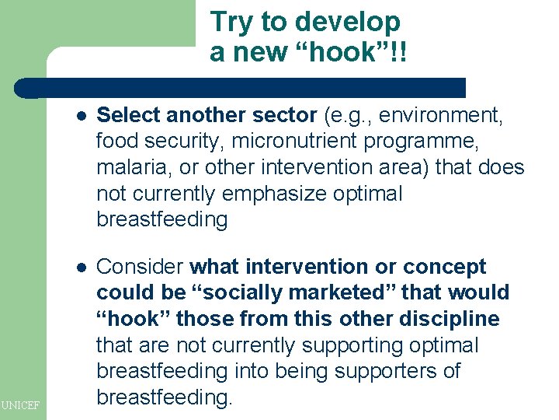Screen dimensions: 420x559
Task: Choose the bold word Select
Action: (128, 116)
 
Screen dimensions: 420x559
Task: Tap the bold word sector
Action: (285, 116)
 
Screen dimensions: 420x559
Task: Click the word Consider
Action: (140, 267)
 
